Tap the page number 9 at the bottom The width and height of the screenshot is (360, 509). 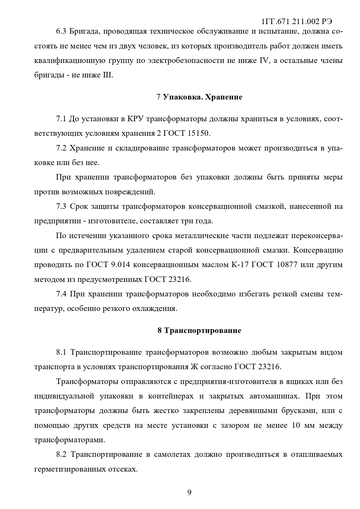coord(189,492)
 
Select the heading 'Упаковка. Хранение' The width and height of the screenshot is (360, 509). coord(202,97)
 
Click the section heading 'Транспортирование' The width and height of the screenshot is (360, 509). coord(203,330)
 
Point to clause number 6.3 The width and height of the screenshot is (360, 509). coord(61,31)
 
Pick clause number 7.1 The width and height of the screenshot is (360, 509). coord(61,119)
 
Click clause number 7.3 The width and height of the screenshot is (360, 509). coord(61,207)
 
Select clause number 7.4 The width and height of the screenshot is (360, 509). coord(61,294)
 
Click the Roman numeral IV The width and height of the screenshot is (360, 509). coord(262,61)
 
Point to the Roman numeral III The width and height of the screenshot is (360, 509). coord(107,75)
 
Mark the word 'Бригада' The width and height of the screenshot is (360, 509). coord(83,31)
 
